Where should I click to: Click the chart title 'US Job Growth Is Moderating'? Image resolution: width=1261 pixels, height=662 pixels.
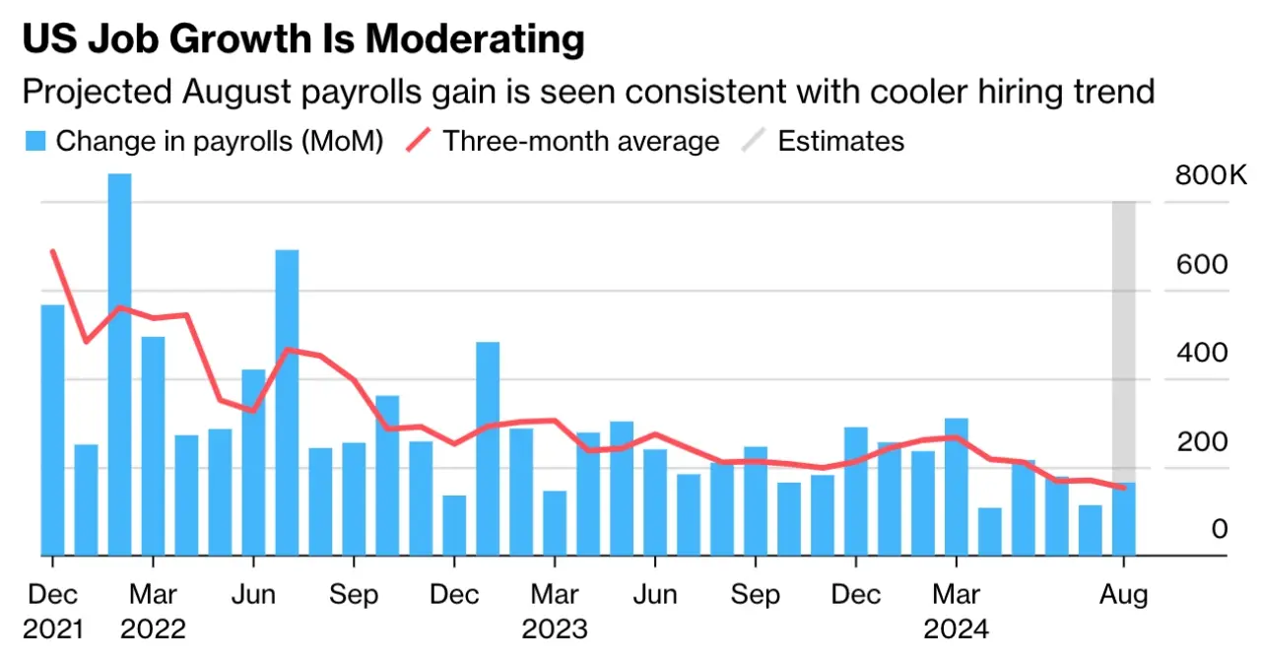(x=302, y=39)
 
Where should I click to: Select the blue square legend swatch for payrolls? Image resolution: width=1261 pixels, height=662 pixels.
(x=34, y=141)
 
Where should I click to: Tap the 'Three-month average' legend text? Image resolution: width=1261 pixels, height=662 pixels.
(x=580, y=141)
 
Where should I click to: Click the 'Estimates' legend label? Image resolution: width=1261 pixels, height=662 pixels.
(x=840, y=141)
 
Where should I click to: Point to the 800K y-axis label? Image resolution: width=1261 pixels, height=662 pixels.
(x=1211, y=176)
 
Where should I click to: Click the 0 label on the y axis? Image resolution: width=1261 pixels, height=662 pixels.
(x=1219, y=530)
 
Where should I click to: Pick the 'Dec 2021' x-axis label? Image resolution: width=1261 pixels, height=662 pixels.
(x=52, y=611)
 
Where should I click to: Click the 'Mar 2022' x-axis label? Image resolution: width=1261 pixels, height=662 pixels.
(x=153, y=611)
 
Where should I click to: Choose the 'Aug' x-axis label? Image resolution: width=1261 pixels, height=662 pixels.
(x=1124, y=595)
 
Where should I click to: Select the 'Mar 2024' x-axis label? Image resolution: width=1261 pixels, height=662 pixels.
(x=956, y=611)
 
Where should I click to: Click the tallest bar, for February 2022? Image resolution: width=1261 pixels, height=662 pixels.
(x=119, y=364)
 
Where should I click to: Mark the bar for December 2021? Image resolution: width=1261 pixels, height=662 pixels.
(x=52, y=430)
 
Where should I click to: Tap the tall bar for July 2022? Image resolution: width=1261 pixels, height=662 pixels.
(x=287, y=403)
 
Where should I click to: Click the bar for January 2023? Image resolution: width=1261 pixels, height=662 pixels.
(x=488, y=448)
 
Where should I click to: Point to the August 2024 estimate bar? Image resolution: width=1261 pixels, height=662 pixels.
(x=1124, y=518)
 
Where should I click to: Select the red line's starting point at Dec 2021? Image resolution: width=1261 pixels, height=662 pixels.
(x=52, y=252)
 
